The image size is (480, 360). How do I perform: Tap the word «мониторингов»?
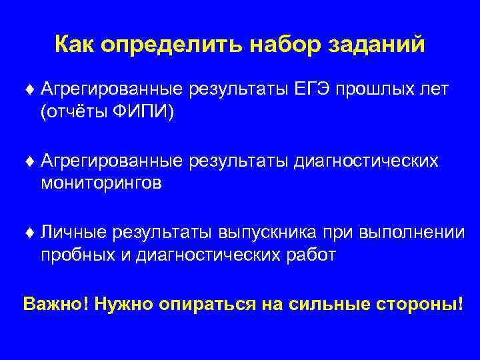(101, 183)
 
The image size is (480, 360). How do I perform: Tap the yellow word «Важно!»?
(56, 304)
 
